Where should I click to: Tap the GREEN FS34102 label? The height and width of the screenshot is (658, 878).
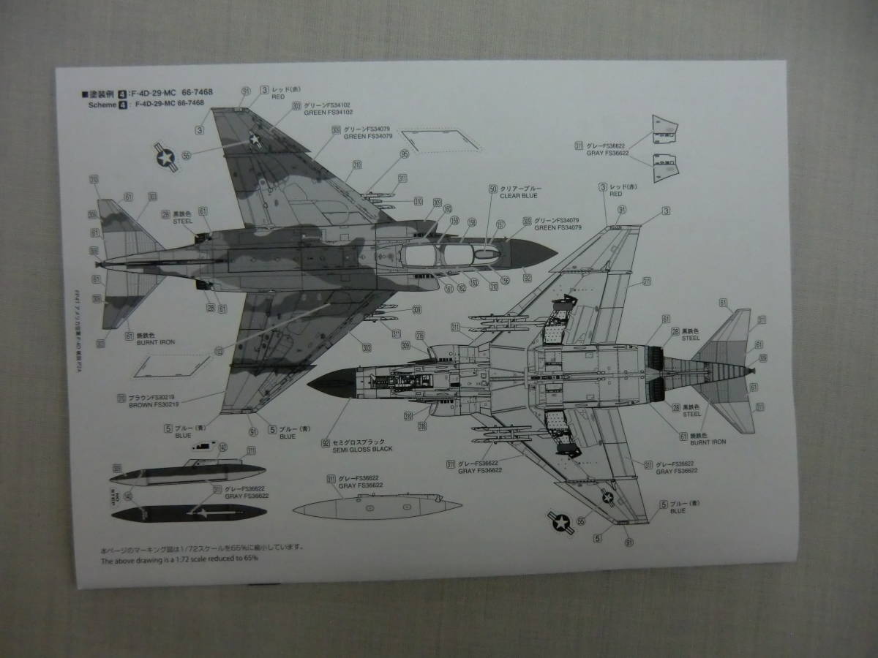click(x=328, y=113)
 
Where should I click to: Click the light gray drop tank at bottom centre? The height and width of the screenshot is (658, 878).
click(x=377, y=509)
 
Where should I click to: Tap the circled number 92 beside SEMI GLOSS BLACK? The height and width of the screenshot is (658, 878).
click(x=323, y=442)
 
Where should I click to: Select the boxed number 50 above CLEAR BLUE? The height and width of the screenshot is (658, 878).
click(x=493, y=189)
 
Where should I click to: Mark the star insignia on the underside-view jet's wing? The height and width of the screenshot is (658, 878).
click(x=607, y=499)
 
